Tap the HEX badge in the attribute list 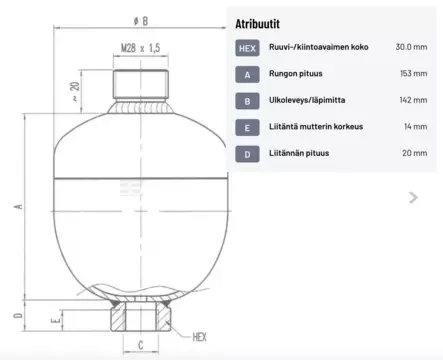247,48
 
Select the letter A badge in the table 247,74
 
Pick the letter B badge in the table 247,100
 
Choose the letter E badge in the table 247,127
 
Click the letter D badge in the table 247,153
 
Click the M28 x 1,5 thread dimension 141,48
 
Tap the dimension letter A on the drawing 18,207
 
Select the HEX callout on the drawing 198,338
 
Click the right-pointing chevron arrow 414,198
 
